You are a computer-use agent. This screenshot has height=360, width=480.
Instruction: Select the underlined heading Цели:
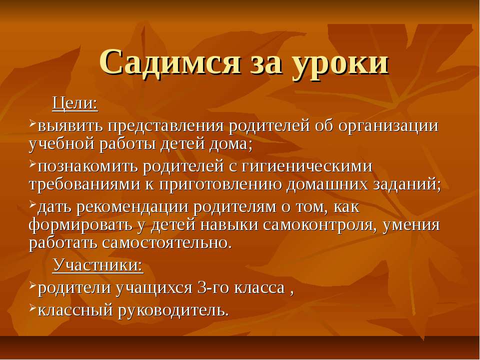[x=75, y=104]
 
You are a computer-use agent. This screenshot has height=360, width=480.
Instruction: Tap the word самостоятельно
[x=167, y=243]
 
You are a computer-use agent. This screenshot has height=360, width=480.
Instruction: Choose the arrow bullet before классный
[x=33, y=308]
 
